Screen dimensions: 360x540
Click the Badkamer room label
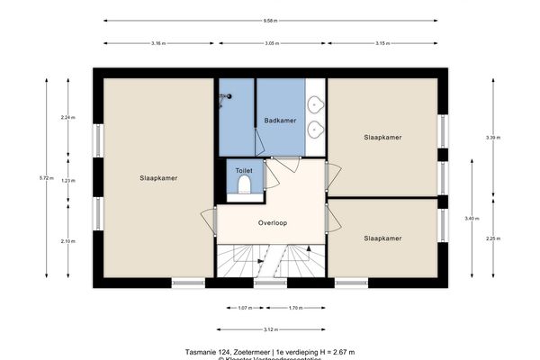(x=279, y=120)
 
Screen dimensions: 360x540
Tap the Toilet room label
(x=243, y=170)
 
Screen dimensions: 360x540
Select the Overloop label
(x=272, y=222)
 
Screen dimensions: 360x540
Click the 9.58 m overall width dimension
(x=270, y=20)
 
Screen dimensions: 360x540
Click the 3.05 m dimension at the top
(x=270, y=42)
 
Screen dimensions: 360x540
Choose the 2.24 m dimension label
(x=67, y=118)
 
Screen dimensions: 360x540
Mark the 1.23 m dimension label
(x=67, y=181)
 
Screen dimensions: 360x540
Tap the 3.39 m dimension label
(x=491, y=138)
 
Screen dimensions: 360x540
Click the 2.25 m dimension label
(x=491, y=238)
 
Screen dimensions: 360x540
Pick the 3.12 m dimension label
(x=270, y=329)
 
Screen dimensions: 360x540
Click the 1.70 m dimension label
(x=294, y=308)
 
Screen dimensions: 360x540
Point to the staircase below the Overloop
(x=270, y=263)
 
